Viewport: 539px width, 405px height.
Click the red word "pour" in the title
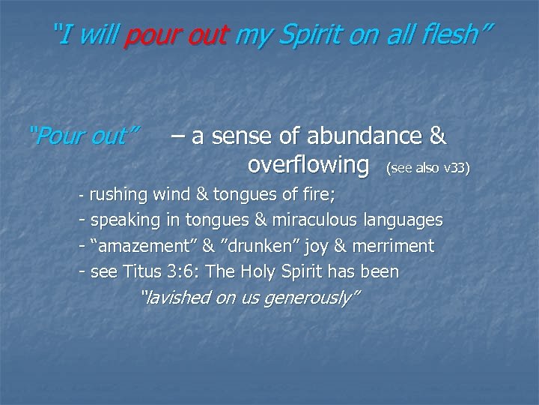[x=148, y=34]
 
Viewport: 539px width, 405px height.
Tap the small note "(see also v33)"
[x=427, y=168]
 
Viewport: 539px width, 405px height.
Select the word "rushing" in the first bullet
[x=118, y=196]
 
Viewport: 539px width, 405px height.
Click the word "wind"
[x=172, y=196]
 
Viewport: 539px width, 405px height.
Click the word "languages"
[x=404, y=221]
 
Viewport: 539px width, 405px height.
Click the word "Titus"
[x=134, y=271]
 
